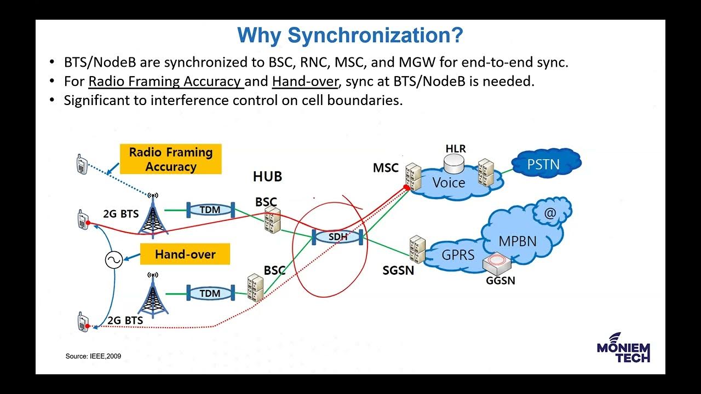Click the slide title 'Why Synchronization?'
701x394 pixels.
click(x=350, y=36)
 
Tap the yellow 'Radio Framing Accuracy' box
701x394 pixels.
click(x=170, y=159)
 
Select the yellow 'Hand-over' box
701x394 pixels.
click(x=185, y=254)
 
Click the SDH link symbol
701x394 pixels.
click(x=338, y=237)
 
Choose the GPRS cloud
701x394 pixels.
click(x=458, y=254)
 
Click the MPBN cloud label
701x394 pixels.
click(x=517, y=240)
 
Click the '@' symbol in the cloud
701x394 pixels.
click(x=549, y=213)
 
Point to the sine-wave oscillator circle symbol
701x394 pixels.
click(x=114, y=260)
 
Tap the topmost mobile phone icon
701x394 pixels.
click(x=82, y=164)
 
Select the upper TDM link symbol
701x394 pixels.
click(x=210, y=210)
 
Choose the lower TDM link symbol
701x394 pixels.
click(x=210, y=293)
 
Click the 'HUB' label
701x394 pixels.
click(x=267, y=177)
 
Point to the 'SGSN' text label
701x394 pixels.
click(x=398, y=270)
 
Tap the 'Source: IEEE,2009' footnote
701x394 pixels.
click(x=93, y=356)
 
